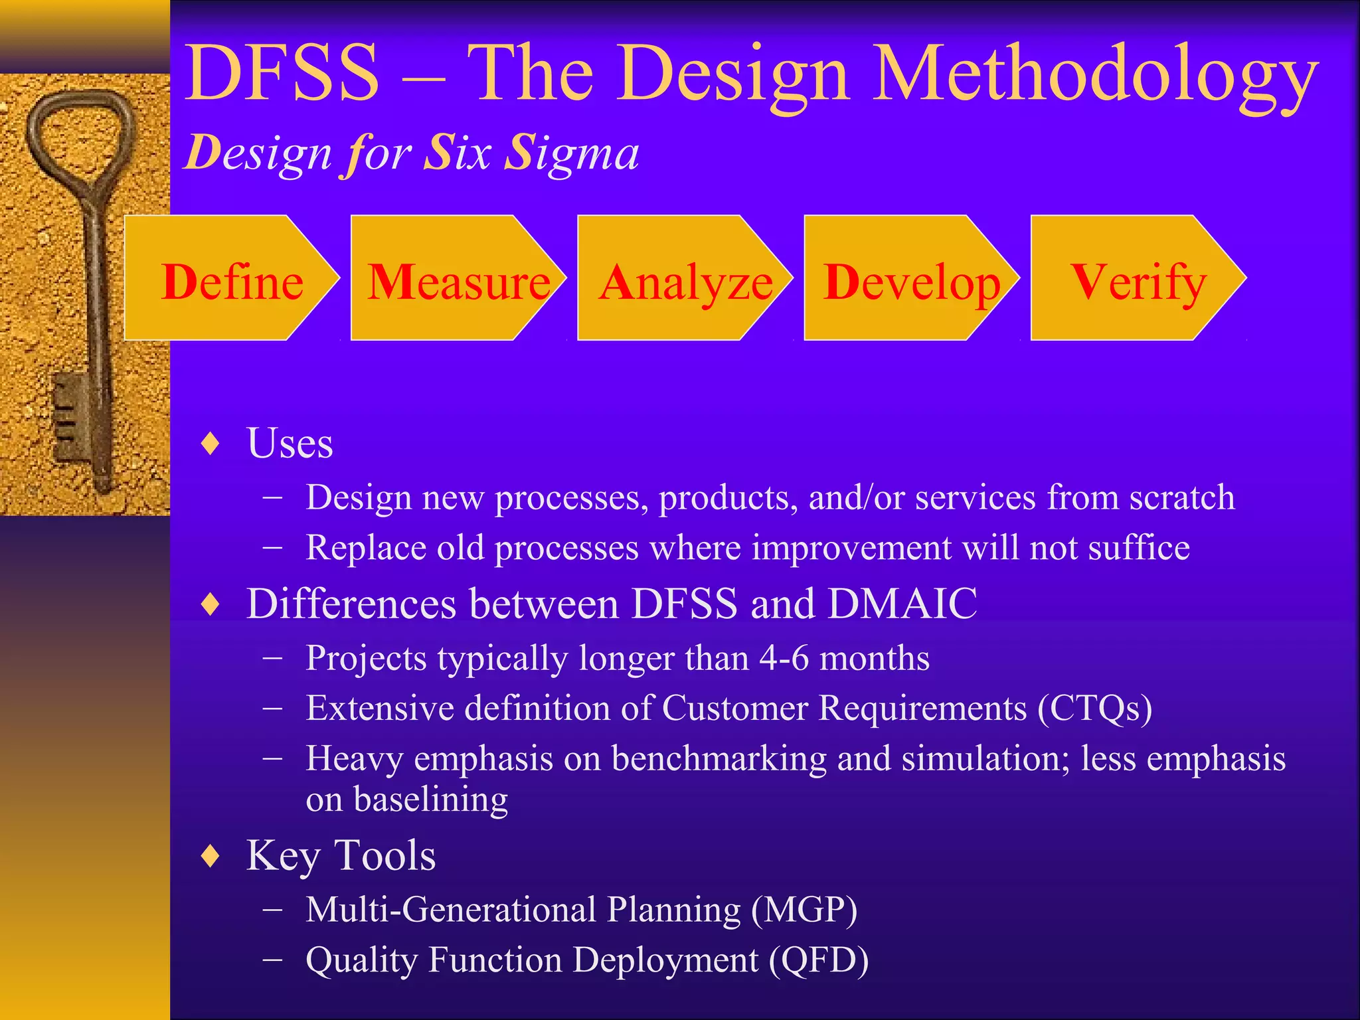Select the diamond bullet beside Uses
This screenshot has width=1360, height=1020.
click(211, 444)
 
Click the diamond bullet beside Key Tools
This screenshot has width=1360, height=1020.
click(211, 856)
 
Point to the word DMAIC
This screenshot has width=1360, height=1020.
click(902, 604)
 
